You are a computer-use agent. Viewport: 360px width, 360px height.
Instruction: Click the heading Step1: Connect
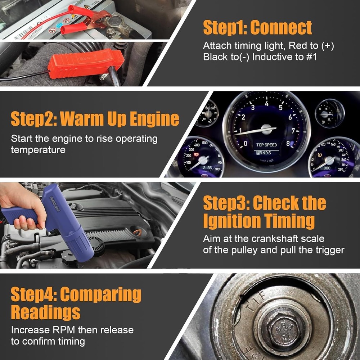(x=257, y=28)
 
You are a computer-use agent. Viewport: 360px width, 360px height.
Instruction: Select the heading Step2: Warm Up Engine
(x=95, y=119)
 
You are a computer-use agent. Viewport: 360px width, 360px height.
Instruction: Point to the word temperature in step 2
(x=38, y=150)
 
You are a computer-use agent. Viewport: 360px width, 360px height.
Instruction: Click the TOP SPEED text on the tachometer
(x=266, y=145)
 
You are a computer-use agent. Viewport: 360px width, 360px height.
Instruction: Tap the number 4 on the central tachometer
(x=266, y=104)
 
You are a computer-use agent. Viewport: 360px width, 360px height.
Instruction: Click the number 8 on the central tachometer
(x=288, y=143)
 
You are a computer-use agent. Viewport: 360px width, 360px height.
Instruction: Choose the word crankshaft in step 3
(x=270, y=239)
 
